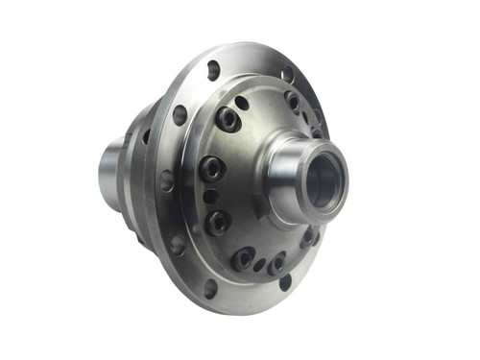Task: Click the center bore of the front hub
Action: click(x=324, y=180)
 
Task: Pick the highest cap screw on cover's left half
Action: click(x=228, y=118)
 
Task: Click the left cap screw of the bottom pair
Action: click(x=242, y=256)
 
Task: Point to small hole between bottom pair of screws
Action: click(x=259, y=263)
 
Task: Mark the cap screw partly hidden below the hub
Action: click(x=310, y=235)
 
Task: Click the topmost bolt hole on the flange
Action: click(x=213, y=69)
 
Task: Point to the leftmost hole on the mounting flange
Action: click(x=166, y=180)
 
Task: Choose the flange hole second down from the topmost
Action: click(x=180, y=115)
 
